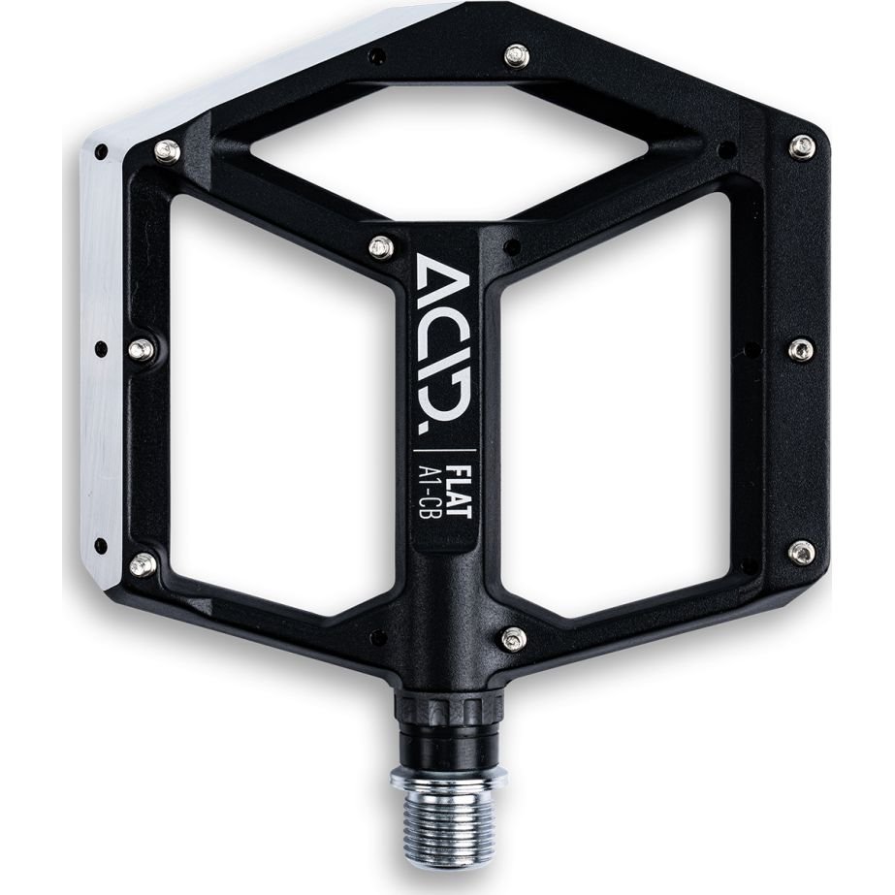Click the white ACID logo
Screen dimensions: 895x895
[443, 341]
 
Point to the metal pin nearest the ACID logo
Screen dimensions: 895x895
[378, 246]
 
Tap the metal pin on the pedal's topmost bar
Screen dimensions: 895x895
[517, 55]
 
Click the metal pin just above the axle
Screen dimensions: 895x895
[516, 639]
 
